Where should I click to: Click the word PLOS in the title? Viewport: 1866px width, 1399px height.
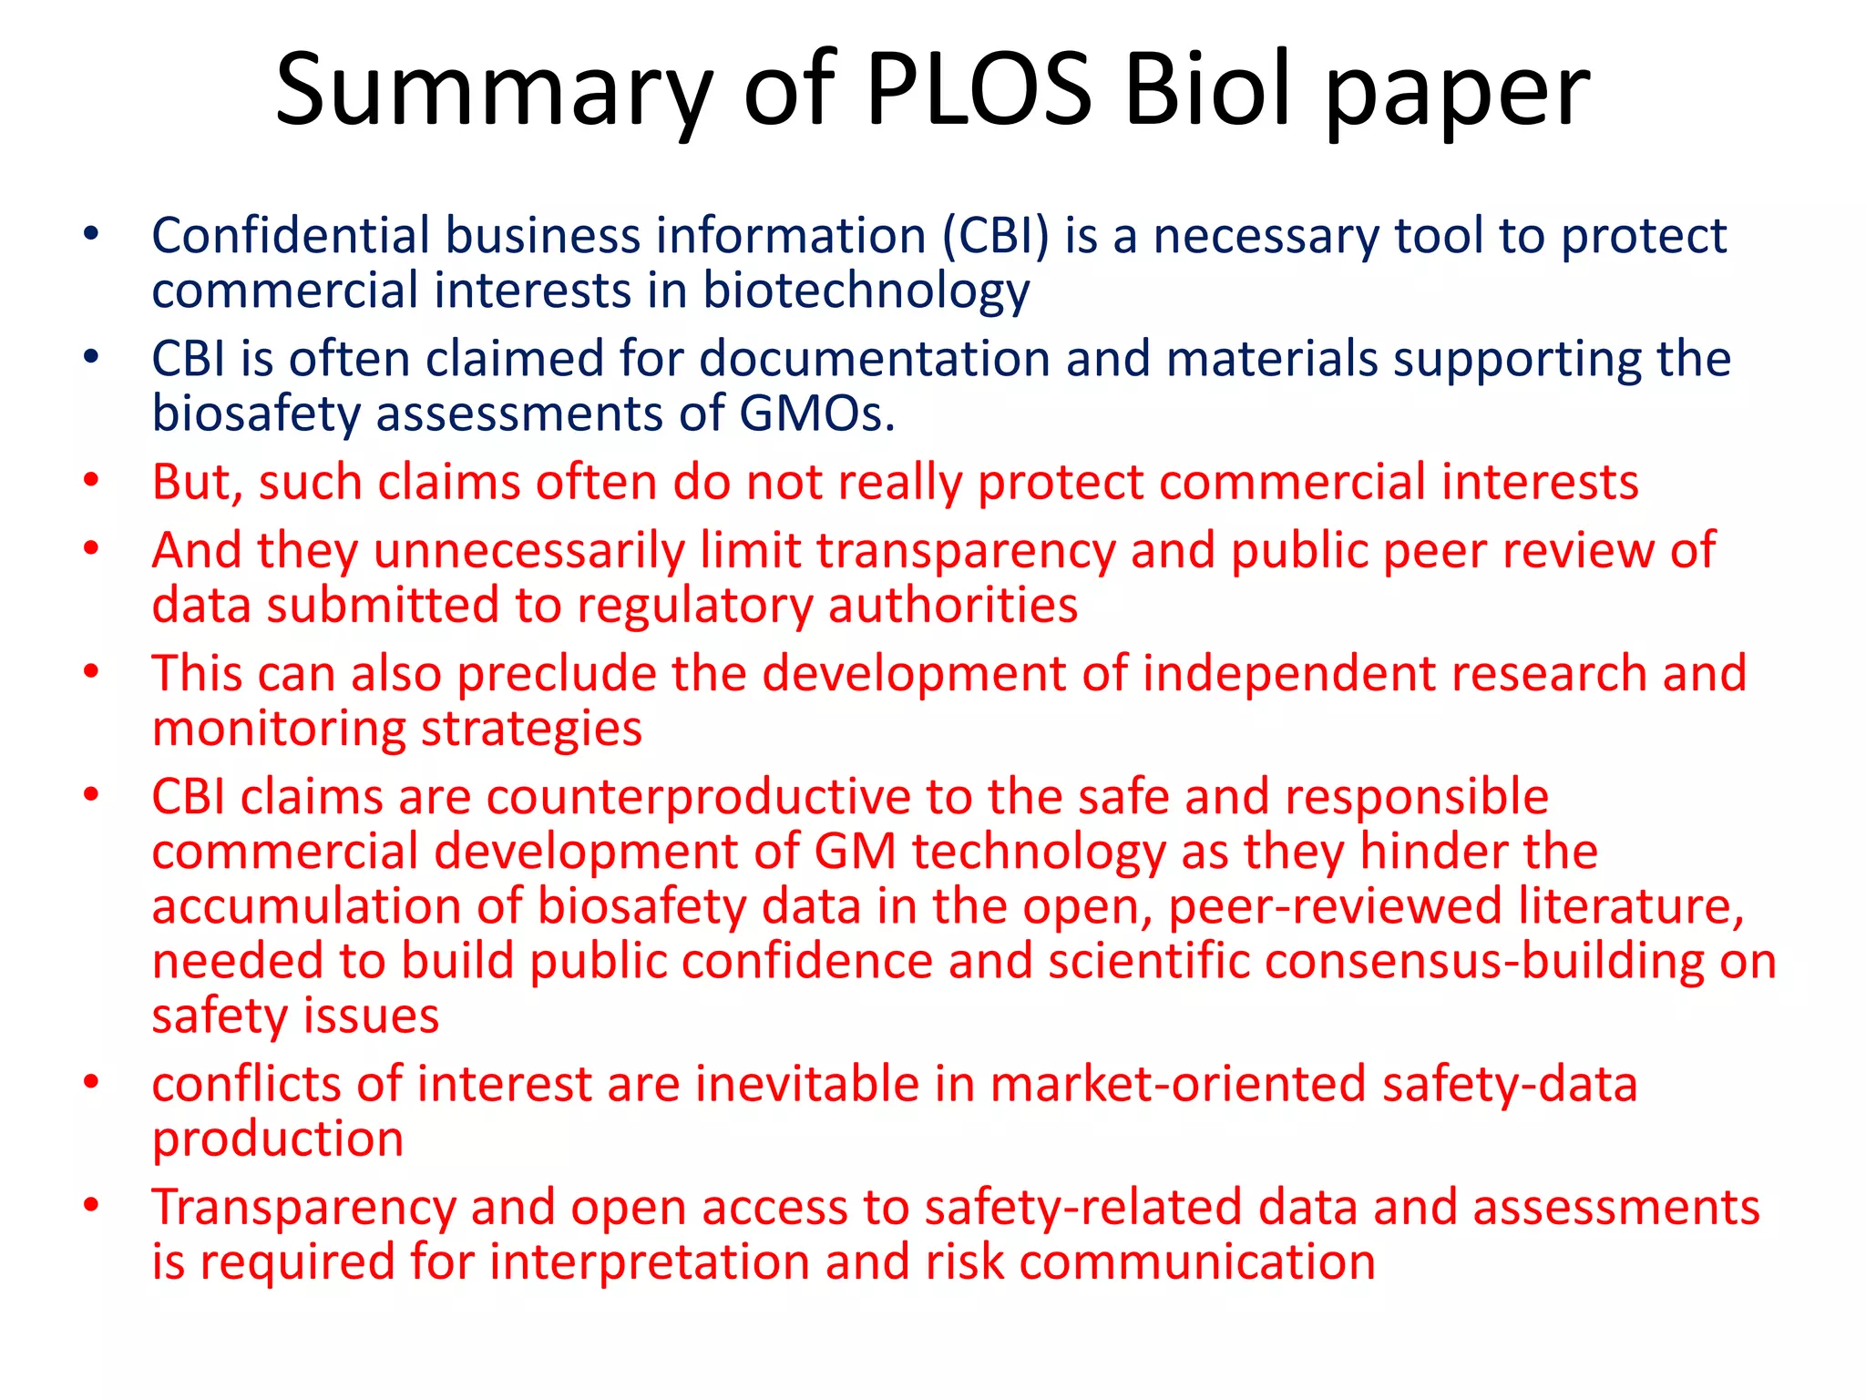979,89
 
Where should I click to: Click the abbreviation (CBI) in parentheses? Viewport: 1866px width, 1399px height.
996,236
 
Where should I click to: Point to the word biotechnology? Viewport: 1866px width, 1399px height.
866,291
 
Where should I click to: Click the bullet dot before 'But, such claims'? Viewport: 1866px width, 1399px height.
90,481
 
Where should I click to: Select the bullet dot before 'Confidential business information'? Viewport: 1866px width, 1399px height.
90,235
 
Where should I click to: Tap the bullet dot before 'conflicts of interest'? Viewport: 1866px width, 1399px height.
90,1083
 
